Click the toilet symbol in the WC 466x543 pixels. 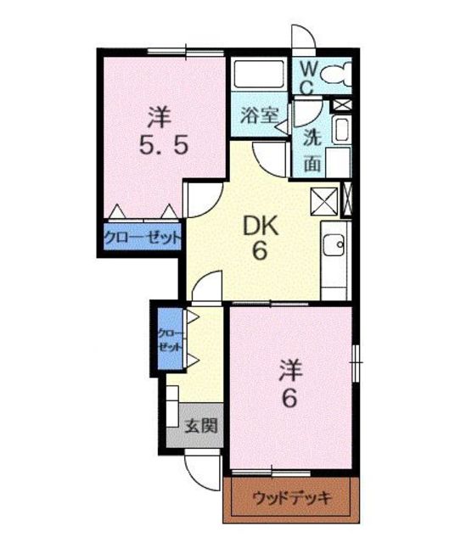(x=336, y=74)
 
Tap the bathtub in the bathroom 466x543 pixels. (x=259, y=75)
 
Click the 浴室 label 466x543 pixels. (x=260, y=115)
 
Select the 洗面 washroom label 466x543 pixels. (x=312, y=151)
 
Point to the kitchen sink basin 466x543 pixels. (x=334, y=245)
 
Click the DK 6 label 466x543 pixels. (x=261, y=238)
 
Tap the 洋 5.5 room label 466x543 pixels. (x=164, y=131)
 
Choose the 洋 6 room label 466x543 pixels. (x=290, y=383)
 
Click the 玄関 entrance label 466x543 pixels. (x=201, y=426)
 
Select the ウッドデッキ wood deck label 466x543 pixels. (x=292, y=498)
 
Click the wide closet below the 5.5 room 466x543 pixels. (x=143, y=237)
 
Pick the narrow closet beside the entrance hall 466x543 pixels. (x=171, y=339)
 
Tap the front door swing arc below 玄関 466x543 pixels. (x=199, y=476)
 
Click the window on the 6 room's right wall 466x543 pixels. (x=356, y=362)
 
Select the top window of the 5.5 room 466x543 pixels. (x=186, y=53)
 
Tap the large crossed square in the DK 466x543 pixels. (x=324, y=202)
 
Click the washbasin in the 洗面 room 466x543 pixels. (x=341, y=130)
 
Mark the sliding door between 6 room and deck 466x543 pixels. (x=271, y=473)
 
